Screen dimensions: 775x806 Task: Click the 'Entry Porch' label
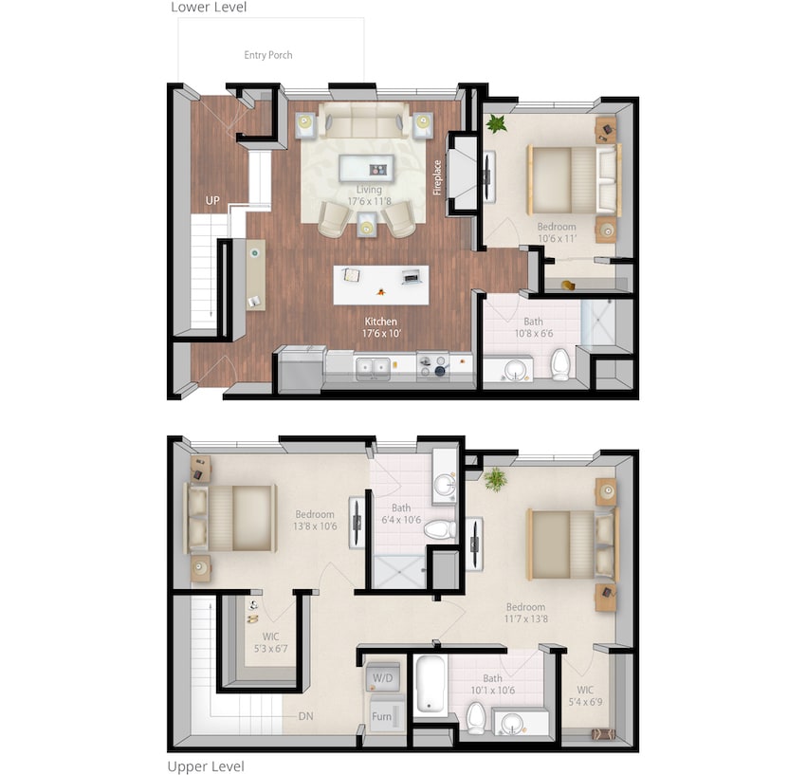[268, 55]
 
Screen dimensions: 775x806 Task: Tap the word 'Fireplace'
[438, 175]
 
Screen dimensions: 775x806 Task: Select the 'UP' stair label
[213, 201]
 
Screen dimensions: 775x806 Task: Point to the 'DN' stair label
[305, 716]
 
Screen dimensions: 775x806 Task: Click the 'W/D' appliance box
[383, 678]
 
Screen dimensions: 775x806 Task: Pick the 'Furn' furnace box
[382, 717]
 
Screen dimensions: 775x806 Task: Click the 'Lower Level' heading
[208, 8]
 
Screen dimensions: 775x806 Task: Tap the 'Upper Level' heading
[206, 766]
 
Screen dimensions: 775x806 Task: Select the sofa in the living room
[364, 120]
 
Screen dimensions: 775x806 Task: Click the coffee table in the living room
[367, 169]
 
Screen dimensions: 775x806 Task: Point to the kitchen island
[380, 284]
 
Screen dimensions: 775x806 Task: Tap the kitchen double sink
[372, 366]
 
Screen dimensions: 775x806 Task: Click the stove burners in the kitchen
[432, 365]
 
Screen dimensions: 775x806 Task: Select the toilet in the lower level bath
[560, 363]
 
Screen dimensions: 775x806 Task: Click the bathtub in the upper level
[430, 685]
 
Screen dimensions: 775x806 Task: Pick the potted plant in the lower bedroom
[496, 123]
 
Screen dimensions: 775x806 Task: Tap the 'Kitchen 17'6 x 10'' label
[381, 328]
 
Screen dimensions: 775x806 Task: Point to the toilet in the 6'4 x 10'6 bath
[439, 528]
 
